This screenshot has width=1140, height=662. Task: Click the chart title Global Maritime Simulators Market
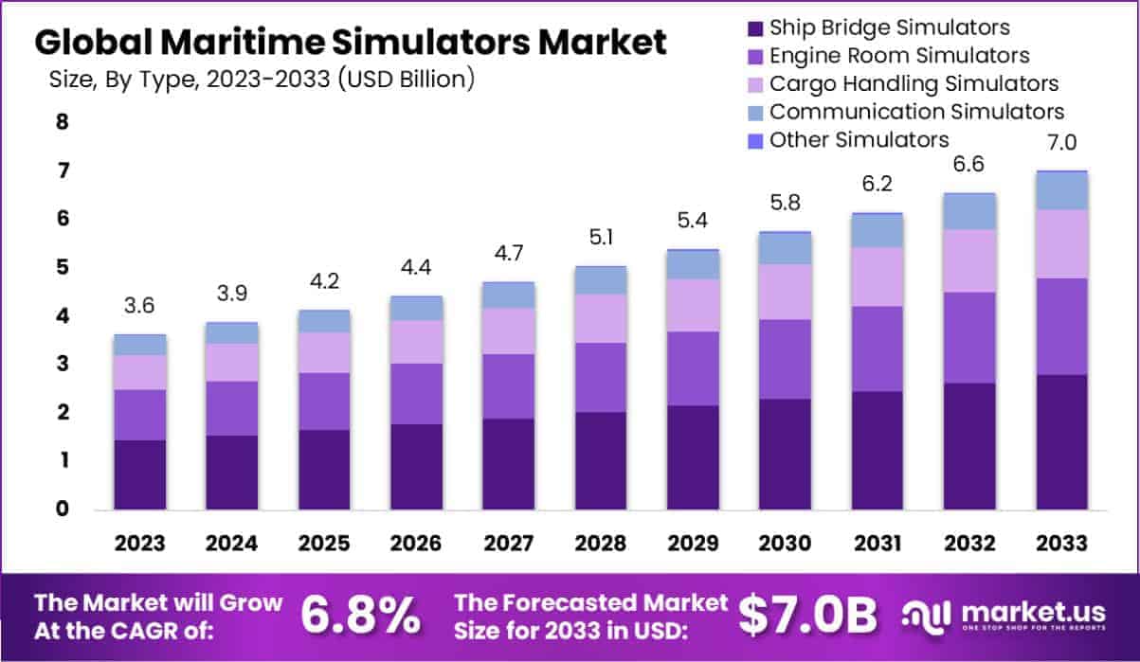(350, 43)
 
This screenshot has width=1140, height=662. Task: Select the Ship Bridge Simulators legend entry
(888, 27)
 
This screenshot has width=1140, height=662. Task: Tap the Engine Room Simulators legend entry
(898, 56)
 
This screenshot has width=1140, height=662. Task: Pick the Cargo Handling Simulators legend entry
(914, 83)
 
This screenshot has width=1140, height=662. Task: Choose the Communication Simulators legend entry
(915, 112)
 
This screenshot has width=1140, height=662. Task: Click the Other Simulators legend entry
(858, 140)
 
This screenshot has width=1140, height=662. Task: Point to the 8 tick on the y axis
(63, 122)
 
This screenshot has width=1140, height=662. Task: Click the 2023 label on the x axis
(139, 544)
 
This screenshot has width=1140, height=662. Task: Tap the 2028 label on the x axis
(600, 544)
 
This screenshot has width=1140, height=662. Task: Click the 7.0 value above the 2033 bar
(1061, 144)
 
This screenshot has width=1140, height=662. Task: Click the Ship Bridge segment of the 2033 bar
(1060, 442)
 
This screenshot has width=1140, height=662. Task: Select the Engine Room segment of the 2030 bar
(785, 359)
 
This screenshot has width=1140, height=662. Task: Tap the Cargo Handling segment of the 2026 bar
(416, 342)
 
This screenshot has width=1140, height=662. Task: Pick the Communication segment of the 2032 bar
(968, 211)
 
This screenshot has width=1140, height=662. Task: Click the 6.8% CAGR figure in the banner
(361, 616)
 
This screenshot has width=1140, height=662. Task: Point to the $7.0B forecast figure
(807, 616)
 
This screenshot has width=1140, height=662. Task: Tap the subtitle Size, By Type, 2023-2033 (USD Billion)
(262, 80)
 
